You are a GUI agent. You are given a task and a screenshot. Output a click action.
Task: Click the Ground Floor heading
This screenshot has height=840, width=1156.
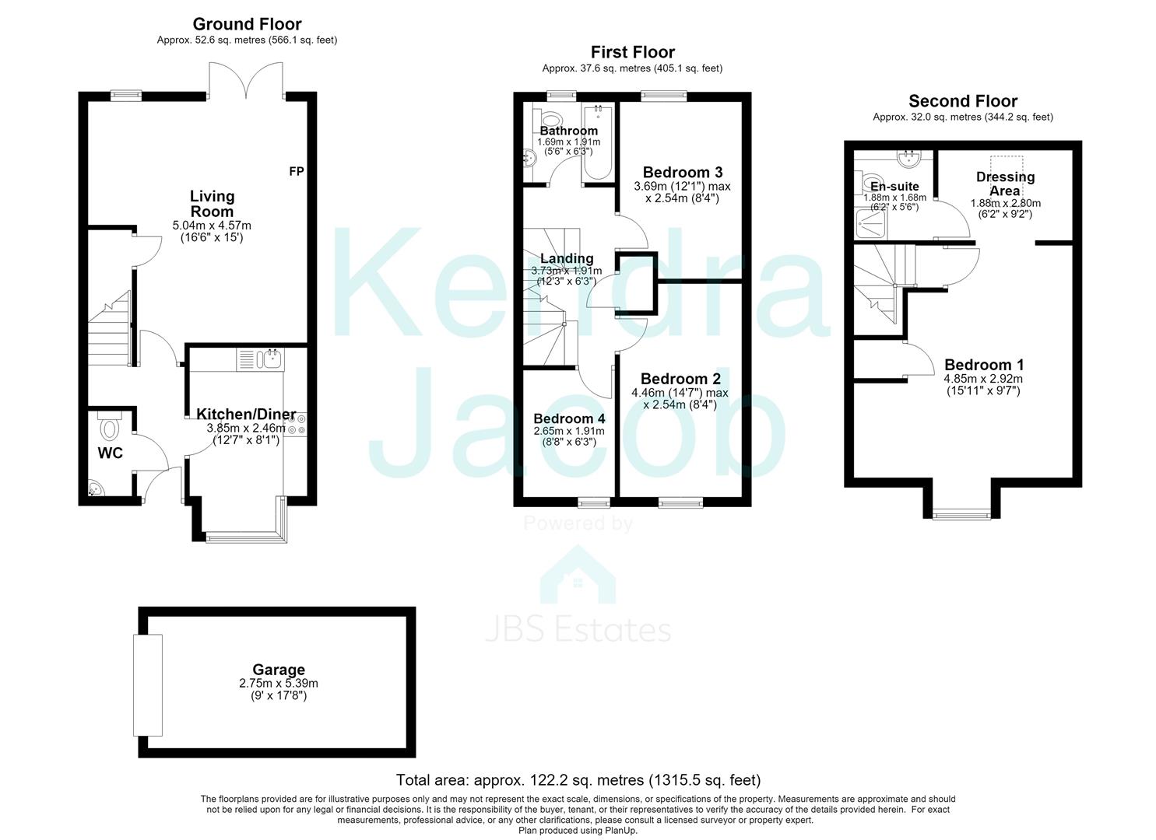coord(248,24)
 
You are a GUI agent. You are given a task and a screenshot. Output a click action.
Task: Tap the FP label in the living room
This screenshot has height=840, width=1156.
coord(297,171)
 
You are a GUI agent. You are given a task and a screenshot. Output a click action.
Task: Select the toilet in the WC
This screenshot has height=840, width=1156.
coord(110,425)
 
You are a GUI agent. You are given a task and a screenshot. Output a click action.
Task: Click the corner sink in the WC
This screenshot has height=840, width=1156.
coord(95,488)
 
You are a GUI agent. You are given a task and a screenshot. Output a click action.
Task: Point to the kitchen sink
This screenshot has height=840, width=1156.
coord(272,359)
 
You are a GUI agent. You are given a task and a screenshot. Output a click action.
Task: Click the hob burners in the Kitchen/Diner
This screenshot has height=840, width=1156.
coord(297,425)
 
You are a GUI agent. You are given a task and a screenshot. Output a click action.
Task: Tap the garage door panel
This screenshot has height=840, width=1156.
coord(148,684)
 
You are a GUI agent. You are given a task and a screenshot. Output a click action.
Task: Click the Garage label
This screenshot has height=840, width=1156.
coord(279,670)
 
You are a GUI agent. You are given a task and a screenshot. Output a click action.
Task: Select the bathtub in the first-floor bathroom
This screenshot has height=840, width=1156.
coord(598,142)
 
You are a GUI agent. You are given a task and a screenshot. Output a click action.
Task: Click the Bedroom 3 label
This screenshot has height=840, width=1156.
coord(683,172)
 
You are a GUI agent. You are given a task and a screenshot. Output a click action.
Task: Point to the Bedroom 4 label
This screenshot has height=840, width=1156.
coord(569,418)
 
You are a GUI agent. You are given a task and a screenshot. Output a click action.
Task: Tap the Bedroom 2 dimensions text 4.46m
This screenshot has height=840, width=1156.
coord(648,393)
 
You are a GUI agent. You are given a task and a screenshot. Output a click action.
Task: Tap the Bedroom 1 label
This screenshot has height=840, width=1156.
coord(984,365)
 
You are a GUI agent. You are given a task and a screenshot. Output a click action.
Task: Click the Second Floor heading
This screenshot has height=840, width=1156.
coord(963,101)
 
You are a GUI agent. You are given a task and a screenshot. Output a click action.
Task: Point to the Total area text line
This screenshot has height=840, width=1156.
coord(578,779)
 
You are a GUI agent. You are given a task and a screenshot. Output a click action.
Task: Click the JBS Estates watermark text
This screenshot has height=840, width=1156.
coord(578,630)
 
